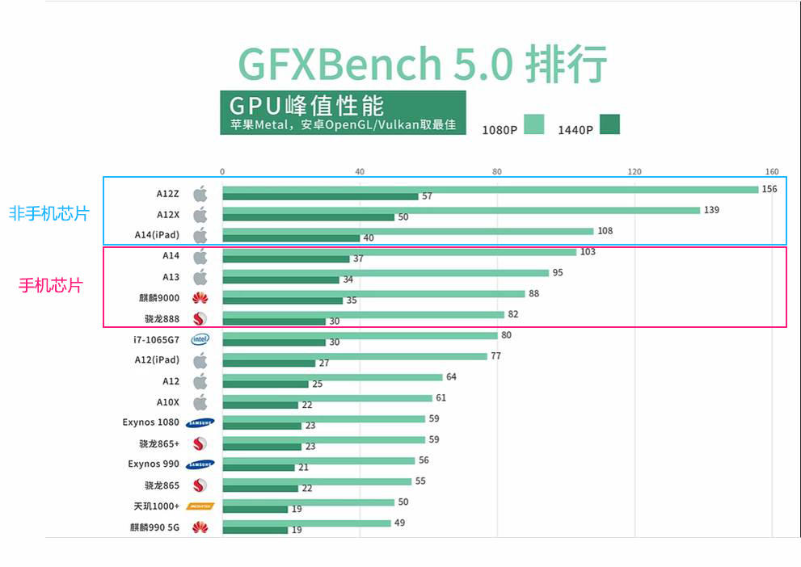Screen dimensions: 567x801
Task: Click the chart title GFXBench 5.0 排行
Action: (x=422, y=64)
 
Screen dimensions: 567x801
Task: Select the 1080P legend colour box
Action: (x=533, y=124)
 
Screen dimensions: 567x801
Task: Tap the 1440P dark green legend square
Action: (x=609, y=124)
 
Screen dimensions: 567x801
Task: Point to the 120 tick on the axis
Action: (x=634, y=171)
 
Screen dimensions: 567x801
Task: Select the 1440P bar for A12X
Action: (x=308, y=217)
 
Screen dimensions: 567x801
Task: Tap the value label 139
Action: (x=711, y=210)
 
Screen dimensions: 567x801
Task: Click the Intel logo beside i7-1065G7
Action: (x=200, y=339)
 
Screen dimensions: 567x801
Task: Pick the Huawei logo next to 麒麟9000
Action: (x=200, y=297)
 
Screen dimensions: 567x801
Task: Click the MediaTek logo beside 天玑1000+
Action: (x=200, y=506)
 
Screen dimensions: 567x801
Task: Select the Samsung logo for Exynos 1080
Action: (x=200, y=422)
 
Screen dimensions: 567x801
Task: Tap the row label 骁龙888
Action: (x=162, y=318)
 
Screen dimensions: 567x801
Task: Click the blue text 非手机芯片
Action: (x=48, y=214)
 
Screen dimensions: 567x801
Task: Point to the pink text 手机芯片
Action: (x=50, y=285)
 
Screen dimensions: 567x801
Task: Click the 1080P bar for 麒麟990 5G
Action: (x=306, y=523)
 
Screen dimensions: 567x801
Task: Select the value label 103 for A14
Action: (x=588, y=252)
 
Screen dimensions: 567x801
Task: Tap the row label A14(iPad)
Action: (x=157, y=235)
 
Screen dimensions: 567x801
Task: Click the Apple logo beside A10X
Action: (x=200, y=401)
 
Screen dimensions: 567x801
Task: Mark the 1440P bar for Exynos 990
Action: (x=258, y=468)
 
